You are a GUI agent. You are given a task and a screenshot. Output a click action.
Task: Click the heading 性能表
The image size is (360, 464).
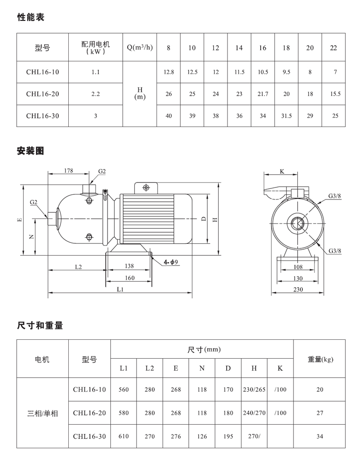(30, 18)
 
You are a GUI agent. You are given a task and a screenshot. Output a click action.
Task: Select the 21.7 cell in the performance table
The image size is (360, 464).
(263, 94)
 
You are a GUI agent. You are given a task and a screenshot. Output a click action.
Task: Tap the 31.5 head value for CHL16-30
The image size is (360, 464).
(286, 116)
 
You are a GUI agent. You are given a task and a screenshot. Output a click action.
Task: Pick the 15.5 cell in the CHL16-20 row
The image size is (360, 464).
(335, 94)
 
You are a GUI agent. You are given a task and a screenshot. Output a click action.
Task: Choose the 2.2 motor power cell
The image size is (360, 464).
(96, 94)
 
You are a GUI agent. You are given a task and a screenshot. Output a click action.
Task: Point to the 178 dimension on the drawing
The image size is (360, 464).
(69, 171)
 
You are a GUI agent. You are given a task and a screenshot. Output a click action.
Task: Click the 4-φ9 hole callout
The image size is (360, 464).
(171, 262)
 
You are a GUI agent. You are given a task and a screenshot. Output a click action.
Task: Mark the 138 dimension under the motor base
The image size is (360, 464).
(129, 266)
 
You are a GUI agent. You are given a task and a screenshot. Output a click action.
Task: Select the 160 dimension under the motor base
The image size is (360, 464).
(129, 278)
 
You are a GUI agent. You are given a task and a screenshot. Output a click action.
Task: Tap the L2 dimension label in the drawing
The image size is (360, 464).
(78, 266)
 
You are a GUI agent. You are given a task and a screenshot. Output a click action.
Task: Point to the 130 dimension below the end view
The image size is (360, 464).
(298, 278)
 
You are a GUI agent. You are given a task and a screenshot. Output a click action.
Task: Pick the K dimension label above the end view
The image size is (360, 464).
(282, 171)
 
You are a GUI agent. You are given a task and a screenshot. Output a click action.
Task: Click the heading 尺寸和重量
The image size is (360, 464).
(40, 325)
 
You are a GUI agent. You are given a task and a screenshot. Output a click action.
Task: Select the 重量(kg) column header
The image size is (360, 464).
(320, 359)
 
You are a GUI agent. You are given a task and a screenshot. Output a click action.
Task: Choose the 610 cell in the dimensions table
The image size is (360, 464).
(124, 436)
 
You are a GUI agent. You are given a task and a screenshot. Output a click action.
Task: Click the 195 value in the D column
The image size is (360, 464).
(228, 436)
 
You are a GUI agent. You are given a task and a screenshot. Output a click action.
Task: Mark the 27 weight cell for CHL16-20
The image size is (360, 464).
(320, 413)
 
